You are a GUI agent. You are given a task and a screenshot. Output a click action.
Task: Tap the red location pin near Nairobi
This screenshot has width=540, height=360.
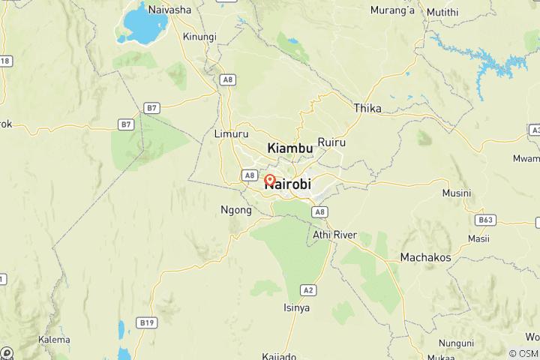270,181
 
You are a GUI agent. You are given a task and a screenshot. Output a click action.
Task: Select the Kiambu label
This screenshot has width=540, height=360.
290,148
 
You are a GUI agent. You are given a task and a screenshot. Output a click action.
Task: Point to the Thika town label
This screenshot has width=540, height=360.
367,109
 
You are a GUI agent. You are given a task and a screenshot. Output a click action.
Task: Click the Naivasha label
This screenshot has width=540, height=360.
170,10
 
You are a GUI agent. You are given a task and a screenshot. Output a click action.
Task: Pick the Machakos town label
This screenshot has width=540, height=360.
425,257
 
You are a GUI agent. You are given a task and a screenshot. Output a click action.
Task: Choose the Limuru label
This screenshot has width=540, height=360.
231,134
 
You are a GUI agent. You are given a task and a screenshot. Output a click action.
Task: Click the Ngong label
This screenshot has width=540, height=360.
234,210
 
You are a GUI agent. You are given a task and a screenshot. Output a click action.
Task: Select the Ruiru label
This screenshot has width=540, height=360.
331,142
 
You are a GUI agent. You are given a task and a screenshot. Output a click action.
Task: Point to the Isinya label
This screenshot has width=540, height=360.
296,307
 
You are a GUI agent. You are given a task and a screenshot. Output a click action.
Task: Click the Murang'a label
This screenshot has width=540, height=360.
393,10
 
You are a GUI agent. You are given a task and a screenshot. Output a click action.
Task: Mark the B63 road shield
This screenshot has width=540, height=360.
485,220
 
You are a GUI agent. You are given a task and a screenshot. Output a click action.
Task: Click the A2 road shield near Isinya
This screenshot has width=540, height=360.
307,289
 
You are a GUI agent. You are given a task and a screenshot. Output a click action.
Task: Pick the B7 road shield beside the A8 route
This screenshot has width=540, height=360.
152,109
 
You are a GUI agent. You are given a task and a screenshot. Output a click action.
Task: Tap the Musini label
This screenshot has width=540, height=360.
457,193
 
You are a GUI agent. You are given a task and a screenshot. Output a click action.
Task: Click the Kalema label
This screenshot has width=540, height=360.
54,340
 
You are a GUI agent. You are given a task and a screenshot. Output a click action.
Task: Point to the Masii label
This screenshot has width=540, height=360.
478,238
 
